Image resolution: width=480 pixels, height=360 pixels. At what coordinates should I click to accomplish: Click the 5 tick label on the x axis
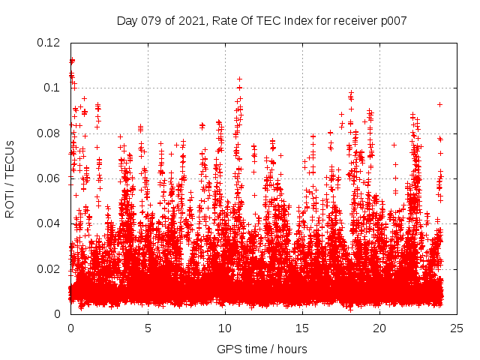[148, 328]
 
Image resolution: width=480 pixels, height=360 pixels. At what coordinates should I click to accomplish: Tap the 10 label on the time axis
[225, 328]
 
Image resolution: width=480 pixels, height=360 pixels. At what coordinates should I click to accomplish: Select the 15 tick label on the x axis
[302, 328]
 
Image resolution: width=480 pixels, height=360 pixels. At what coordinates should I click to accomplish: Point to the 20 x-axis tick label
[379, 328]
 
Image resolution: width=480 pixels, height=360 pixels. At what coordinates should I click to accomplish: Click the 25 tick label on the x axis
[457, 328]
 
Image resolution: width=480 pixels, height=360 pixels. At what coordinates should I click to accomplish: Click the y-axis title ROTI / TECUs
[10, 178]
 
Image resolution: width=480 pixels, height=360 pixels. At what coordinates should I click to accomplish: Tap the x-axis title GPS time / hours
[262, 349]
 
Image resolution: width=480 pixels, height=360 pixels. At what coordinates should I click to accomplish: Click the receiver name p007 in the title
[393, 21]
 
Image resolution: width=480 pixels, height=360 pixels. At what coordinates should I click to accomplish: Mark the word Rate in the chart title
[229, 21]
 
